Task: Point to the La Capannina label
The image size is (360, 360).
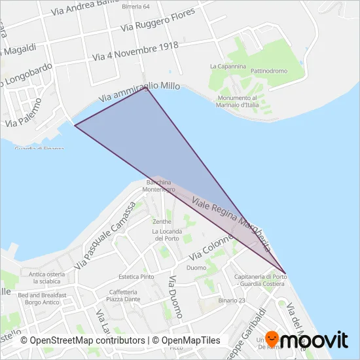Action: tap(228, 66)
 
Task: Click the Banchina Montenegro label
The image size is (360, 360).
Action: tap(160, 185)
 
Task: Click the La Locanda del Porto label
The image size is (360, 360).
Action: tap(168, 234)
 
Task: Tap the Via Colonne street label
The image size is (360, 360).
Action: tap(211, 250)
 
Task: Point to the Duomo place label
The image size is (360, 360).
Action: tap(196, 268)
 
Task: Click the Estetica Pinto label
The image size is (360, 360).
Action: tap(136, 277)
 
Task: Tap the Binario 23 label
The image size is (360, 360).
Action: tap(232, 300)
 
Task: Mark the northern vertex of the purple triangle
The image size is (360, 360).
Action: tap(146, 88)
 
